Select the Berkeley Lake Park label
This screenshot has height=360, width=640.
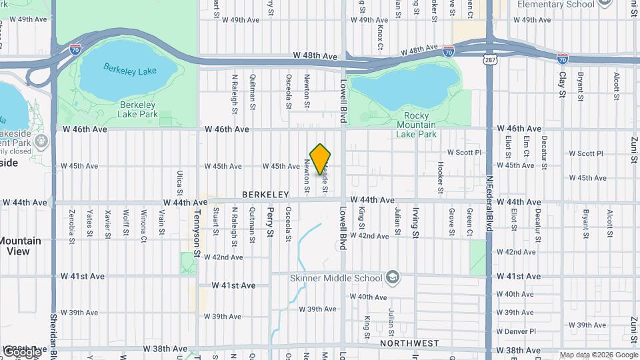point(138,109)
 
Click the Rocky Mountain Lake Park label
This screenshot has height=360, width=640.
point(416,125)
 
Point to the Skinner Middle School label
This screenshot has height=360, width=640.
point(336,278)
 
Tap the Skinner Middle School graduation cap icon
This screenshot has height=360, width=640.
point(393,277)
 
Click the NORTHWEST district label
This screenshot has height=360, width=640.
point(409,343)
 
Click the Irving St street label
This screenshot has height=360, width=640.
point(415,223)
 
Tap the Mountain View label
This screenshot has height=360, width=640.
point(19,246)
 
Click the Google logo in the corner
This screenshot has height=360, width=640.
point(21,351)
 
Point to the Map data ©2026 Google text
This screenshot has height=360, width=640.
point(599,355)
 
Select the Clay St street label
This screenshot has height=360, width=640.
point(561,86)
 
